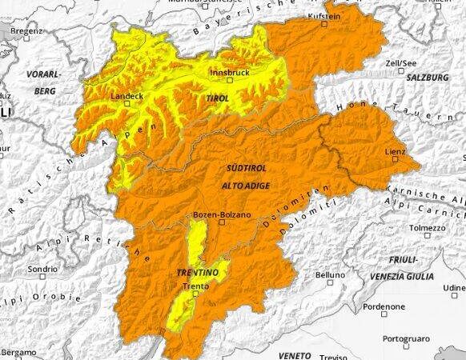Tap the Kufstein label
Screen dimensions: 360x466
325,16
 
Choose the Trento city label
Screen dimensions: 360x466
195,286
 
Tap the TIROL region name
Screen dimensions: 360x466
217,98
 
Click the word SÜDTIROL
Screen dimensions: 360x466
247,169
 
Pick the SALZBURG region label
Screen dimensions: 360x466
428,78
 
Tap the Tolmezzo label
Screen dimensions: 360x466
428,228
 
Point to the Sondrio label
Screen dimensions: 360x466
43,270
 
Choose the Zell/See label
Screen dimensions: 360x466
400,62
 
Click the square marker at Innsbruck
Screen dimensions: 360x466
229,80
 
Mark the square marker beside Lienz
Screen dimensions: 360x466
394,158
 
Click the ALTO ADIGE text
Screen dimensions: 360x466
246,186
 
